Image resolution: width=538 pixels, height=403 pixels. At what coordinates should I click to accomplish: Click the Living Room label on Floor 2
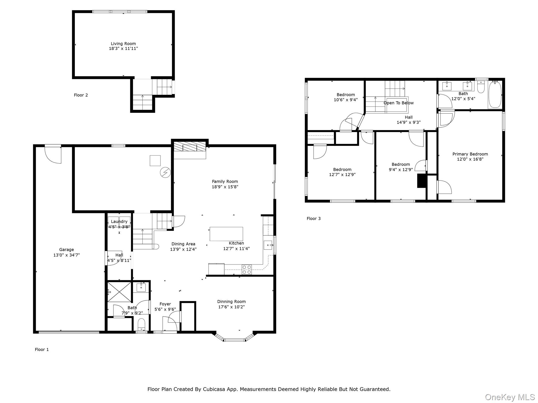(123, 44)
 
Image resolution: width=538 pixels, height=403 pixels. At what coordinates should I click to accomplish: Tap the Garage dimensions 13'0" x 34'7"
(66, 255)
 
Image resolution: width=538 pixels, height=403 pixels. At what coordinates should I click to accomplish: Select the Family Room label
(225, 181)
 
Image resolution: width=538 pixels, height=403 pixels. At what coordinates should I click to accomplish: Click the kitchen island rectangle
(226, 234)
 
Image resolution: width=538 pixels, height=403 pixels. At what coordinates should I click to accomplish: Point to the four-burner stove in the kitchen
(247, 270)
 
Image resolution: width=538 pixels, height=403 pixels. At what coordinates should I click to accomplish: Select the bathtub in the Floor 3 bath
(495, 94)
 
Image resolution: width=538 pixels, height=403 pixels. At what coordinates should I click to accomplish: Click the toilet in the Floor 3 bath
(481, 87)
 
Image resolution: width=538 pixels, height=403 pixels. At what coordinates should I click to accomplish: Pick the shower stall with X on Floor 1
(119, 292)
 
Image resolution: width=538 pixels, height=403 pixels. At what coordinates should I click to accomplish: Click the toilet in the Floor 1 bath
(141, 325)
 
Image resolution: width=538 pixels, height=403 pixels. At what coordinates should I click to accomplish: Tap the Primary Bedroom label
(470, 154)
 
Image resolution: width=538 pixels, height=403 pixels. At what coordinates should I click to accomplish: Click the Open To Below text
(399, 103)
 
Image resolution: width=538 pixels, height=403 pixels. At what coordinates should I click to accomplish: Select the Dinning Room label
(231, 301)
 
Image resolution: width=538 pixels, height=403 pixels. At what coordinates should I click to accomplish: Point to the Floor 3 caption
(314, 219)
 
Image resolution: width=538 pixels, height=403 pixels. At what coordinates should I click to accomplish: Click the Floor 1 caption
(42, 349)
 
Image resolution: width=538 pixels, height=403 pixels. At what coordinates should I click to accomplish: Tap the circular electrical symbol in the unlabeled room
(165, 172)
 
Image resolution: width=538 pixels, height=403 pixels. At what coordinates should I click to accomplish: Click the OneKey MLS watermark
(510, 397)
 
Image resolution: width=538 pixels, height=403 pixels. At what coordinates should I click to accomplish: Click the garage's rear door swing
(54, 155)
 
